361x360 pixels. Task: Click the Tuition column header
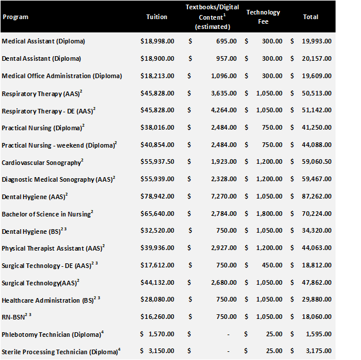(x=157, y=17)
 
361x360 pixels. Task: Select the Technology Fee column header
(x=263, y=16)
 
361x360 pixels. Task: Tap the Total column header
(x=311, y=17)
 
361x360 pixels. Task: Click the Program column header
(x=16, y=17)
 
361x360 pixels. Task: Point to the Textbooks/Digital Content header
(x=212, y=16)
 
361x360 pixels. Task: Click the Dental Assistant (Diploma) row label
(x=41, y=58)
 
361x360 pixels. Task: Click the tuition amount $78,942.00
(x=157, y=197)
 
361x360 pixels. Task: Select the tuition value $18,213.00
(x=157, y=76)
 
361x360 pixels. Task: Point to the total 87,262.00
(x=316, y=197)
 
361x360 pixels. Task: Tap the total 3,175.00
(x=319, y=351)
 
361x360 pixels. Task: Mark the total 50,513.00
(x=316, y=93)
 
